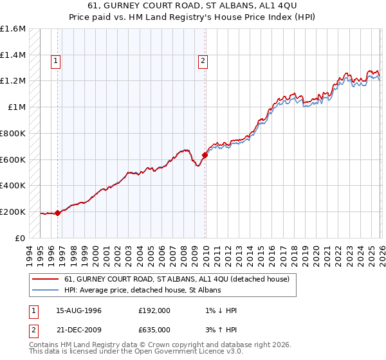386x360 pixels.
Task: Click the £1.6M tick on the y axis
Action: tap(13, 29)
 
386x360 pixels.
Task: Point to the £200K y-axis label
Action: tap(13, 212)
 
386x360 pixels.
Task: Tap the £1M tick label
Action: tap(17, 107)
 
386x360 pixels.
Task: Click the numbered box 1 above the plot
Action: tap(57, 62)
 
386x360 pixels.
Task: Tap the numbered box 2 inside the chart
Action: tap(203, 62)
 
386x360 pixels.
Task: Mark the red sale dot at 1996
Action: tap(57, 213)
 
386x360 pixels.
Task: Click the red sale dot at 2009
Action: tap(205, 155)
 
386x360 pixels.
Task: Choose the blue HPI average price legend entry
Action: tap(142, 291)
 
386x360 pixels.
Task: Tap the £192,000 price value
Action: tap(154, 310)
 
